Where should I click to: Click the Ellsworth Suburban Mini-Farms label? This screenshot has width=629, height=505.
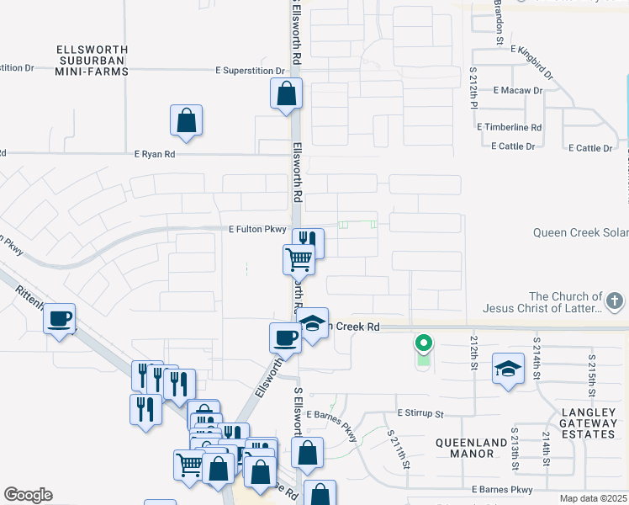point(92,60)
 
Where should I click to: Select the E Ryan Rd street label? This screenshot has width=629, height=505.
point(155,154)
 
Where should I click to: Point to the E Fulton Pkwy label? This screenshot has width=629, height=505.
point(257,229)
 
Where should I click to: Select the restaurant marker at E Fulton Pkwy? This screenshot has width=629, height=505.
point(308,242)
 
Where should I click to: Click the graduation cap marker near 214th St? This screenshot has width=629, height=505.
point(508,369)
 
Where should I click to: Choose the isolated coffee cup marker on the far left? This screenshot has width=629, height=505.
point(59,319)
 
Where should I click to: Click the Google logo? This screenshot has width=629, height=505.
point(28,495)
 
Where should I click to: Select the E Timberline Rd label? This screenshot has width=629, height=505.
point(510,127)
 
